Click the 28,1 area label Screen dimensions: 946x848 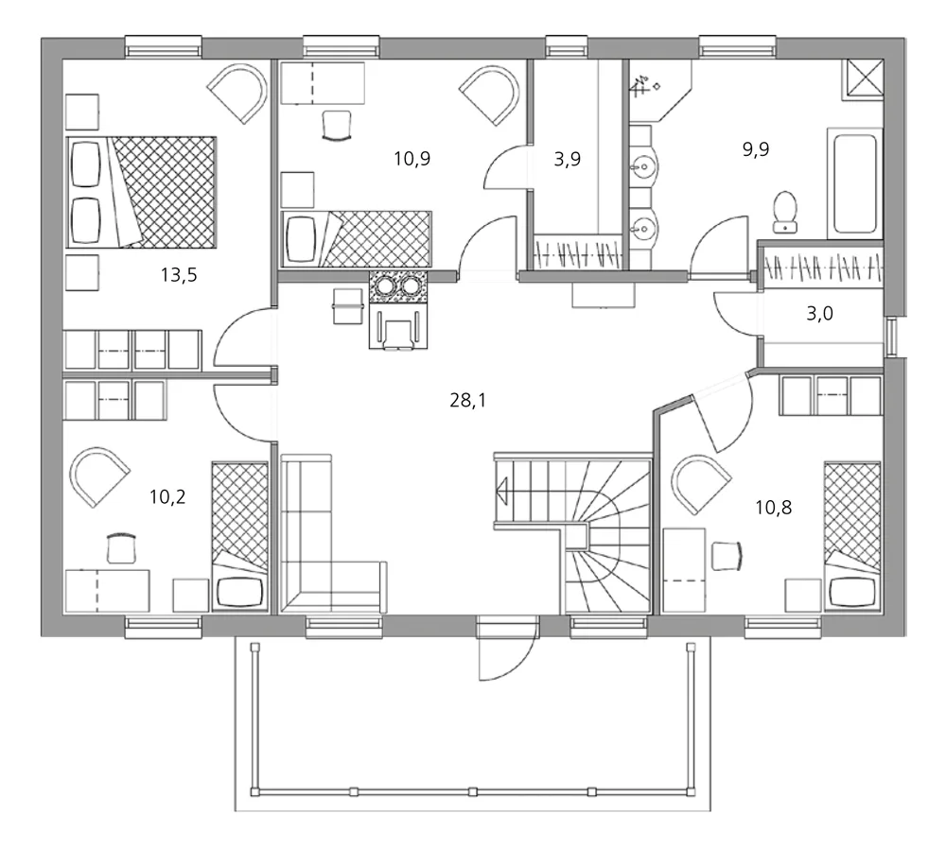point(467,400)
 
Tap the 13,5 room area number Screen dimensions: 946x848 point(179,275)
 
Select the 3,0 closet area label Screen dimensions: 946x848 point(819,314)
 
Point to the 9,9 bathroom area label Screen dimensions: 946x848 point(755,149)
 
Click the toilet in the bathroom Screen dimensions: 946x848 point(785,212)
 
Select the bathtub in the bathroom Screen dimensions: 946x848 point(855,183)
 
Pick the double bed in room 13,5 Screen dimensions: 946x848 point(141,192)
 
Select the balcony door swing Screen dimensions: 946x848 point(507,649)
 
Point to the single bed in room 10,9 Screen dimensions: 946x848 point(357,239)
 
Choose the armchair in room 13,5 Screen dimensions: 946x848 point(237,95)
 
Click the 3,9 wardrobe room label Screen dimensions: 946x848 point(567,159)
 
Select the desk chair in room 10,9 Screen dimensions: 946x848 point(337,126)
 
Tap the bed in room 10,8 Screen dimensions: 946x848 point(852,537)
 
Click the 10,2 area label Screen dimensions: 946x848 point(167,497)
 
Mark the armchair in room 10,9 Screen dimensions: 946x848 point(489,95)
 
